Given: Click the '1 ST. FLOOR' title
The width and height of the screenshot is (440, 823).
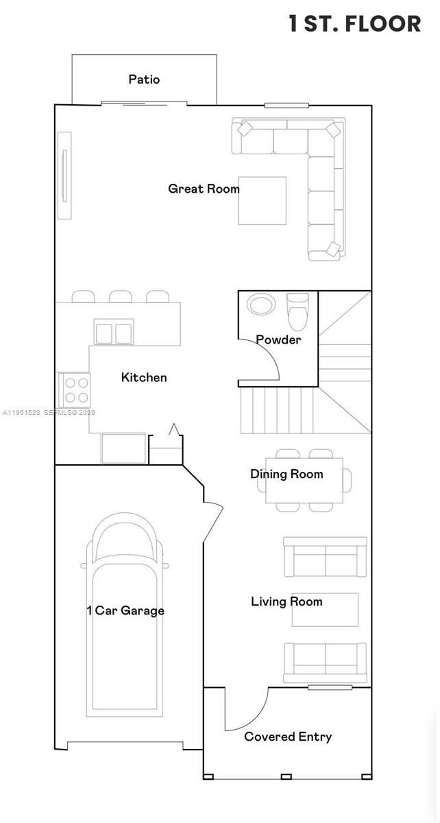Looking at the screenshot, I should pos(354,24).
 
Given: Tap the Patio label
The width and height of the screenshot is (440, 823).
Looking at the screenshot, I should pos(144,80).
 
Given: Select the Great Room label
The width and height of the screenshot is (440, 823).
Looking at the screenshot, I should pos(204,189).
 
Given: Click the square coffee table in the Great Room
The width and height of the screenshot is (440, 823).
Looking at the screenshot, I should pos(262,200).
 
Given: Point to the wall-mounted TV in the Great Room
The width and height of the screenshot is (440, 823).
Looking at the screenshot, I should pos(64,175).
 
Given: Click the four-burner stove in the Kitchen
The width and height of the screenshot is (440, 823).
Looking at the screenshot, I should pos(75,390).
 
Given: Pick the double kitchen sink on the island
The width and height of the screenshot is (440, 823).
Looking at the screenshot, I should pos(114,333).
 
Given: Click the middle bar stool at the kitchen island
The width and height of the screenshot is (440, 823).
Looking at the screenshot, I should pos(121,296).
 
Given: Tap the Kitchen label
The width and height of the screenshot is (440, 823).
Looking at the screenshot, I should pos(144,377).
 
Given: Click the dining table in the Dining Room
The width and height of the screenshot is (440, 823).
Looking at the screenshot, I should pos(304,480).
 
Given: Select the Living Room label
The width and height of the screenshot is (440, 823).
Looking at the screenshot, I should pos(286,601).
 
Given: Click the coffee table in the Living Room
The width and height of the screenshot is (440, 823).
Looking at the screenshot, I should pos(325,610).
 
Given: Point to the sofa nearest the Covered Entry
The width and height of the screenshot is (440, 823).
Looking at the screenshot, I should pos(325,658).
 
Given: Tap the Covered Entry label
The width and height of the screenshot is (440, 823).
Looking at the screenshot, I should pos(288,737).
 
